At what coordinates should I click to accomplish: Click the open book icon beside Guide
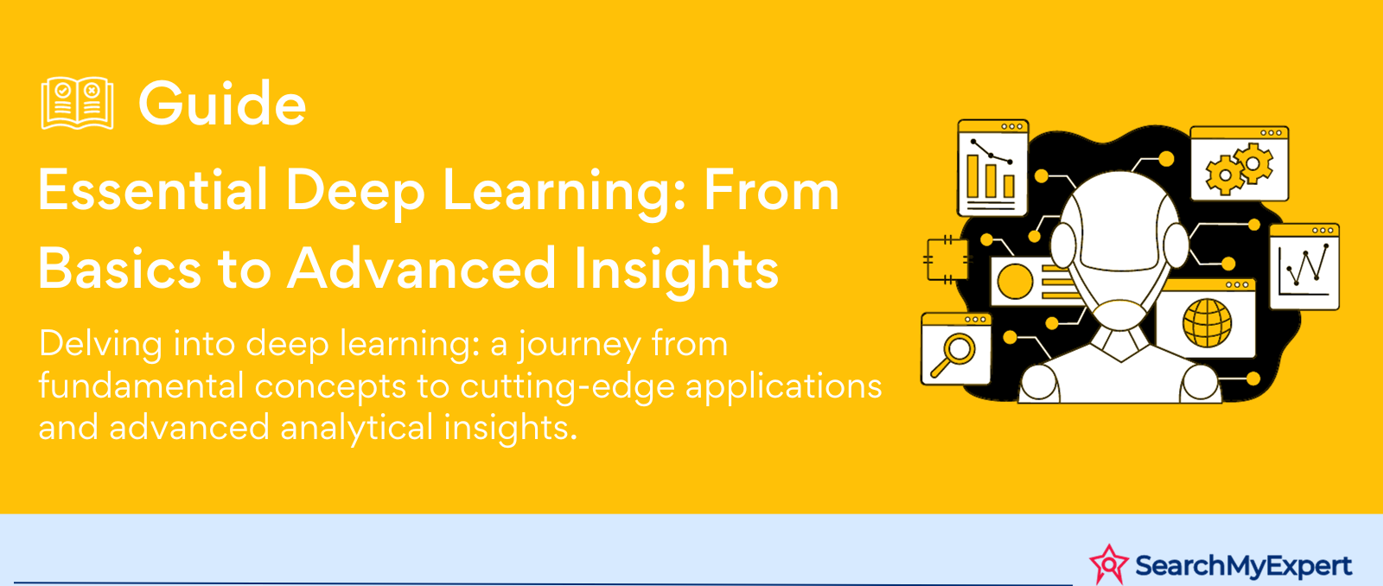point(77,104)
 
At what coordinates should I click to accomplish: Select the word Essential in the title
point(153,191)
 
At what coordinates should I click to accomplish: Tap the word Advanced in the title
point(422,268)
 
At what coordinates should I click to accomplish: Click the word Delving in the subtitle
point(100,345)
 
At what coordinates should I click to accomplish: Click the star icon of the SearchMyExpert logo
point(1108,564)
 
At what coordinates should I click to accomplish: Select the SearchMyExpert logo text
point(1243,566)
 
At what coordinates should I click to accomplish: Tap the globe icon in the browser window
point(1207,322)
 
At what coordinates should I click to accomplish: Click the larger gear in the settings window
point(1254,162)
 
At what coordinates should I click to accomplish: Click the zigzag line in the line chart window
point(1307,267)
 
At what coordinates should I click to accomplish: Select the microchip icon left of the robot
point(946,258)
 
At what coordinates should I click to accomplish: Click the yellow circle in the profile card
point(1015,282)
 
